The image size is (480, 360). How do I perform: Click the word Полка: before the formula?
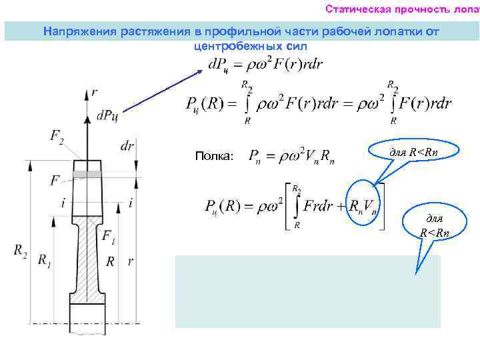click(x=215, y=156)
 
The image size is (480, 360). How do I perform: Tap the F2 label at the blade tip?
click(x=57, y=137)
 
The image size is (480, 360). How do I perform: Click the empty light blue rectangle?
click(x=307, y=291)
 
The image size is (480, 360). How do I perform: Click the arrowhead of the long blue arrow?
click(x=199, y=68)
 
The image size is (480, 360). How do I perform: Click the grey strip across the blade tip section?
click(x=89, y=174)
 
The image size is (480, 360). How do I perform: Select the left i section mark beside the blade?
click(x=63, y=203)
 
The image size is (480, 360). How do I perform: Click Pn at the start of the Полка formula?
click(x=254, y=157)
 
